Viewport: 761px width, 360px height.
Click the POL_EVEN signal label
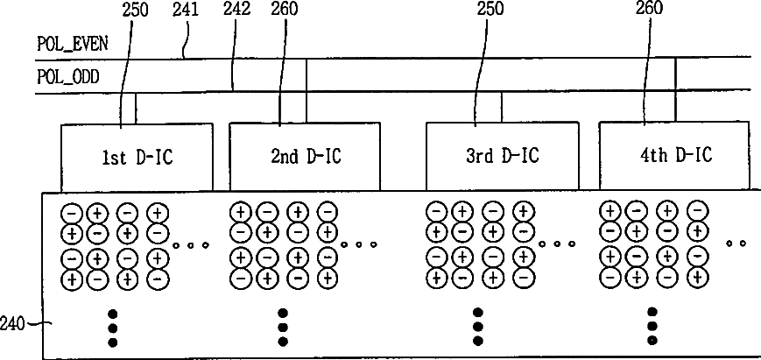73,44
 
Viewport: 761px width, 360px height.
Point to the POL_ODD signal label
68,77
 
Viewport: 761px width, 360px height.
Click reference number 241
186,10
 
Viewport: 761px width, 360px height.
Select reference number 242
236,10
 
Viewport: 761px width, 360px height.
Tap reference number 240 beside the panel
11,324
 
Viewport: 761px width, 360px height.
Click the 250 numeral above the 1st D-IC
136,10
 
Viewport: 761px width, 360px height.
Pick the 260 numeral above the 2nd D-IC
285,8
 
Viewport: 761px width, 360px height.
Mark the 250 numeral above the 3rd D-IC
490,8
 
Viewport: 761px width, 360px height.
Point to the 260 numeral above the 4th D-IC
650,7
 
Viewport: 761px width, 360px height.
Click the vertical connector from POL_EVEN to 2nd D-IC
307,90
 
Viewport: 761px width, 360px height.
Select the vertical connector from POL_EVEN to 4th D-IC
675,89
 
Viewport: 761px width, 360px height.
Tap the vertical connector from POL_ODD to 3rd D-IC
501,106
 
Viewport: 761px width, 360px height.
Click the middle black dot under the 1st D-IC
113,328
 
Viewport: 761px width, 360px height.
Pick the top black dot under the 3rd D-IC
478,312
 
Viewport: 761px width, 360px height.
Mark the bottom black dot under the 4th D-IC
652,340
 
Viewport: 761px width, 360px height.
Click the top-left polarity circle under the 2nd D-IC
240,212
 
